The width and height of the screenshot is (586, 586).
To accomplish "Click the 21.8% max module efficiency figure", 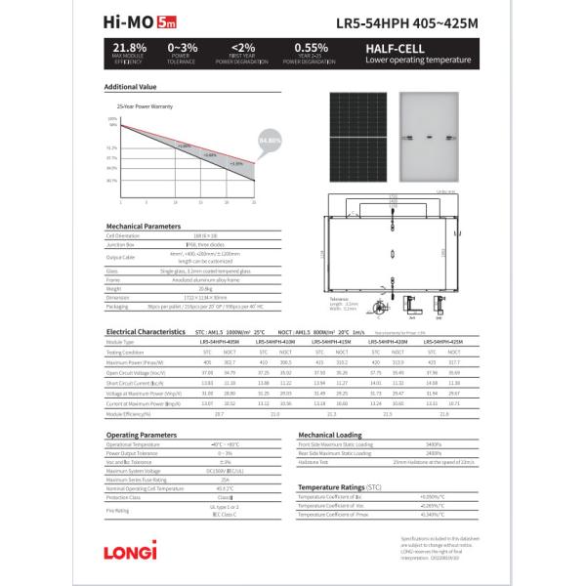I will pos(130,46).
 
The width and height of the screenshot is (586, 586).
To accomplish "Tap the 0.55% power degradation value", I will pos(311,46).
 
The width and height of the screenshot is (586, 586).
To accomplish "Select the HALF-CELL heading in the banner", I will pos(390,46).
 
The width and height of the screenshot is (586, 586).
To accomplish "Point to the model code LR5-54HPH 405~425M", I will pos(405,20).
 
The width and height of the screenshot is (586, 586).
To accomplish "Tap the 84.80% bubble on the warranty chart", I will pos(270,140).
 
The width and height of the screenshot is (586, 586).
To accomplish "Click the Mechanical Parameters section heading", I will pos(143,226).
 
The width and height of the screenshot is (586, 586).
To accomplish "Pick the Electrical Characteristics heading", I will pos(146,332).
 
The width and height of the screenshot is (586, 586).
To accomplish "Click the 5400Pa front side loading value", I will pos(435,444).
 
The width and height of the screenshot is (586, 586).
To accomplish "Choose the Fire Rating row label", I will pos(117,510).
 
